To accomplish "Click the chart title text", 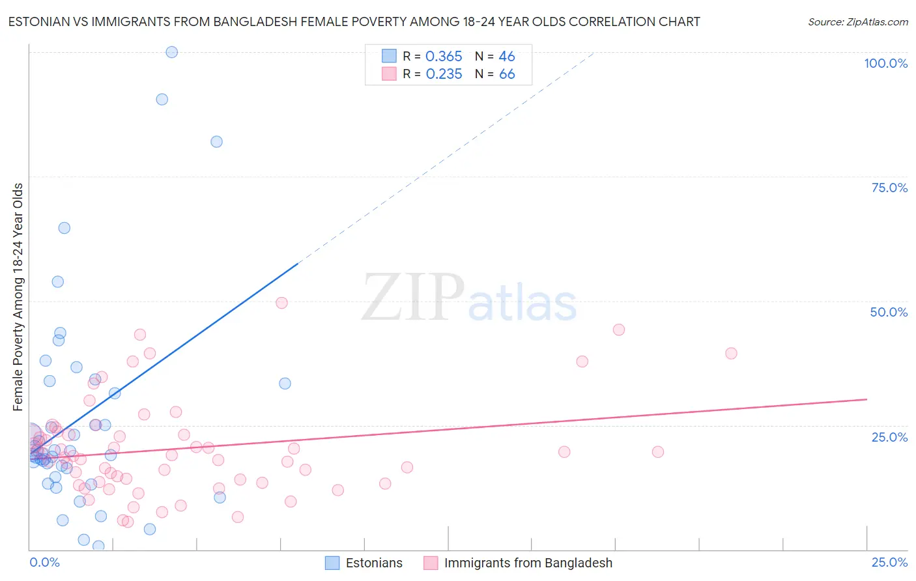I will pos(354,21).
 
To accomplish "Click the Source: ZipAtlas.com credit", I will pos(857,21).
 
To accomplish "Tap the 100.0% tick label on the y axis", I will pos(885,63).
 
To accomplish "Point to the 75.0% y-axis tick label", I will pos(889,188).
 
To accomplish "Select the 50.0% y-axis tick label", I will pos(889,312).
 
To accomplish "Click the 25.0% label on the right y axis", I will pos(889,436).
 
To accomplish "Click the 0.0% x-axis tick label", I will pos(44,562).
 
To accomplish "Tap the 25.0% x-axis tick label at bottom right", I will pos(889,562).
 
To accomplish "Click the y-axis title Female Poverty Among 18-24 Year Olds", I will pos(18,297).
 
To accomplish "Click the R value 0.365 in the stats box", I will pos(444,57).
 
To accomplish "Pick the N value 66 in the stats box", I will pos(507,74).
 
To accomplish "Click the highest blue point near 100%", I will pos(172,52).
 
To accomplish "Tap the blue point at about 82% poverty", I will pos(217,142).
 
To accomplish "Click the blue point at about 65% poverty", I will pos(64,228).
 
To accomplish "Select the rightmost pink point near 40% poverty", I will pos(731,353).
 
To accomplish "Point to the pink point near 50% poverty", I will pos(281,303).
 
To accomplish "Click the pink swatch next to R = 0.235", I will pos(389,74).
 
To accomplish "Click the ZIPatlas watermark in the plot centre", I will pos(469,298).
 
